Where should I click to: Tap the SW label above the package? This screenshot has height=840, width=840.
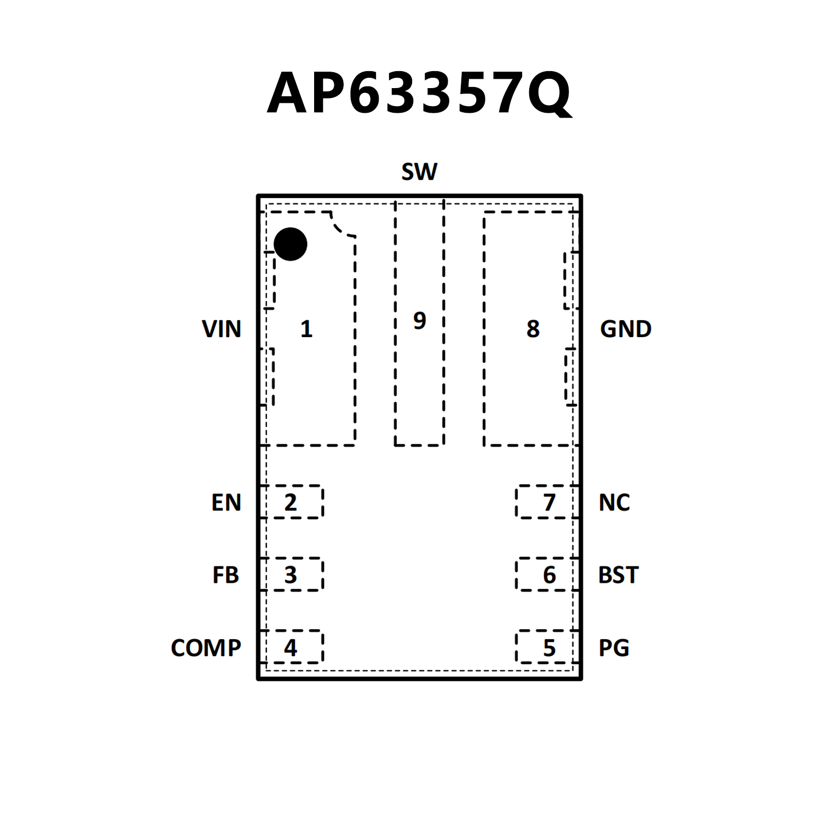pyautogui.click(x=419, y=172)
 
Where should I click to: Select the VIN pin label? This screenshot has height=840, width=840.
pyautogui.click(x=221, y=329)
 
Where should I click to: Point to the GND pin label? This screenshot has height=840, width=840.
pyautogui.click(x=625, y=329)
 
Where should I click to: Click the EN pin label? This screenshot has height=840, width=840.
pyautogui.click(x=226, y=502)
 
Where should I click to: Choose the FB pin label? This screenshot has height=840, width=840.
pyautogui.click(x=225, y=575)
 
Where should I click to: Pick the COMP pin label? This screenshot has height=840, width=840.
pyautogui.click(x=206, y=648)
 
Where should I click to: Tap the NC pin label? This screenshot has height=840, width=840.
pyautogui.click(x=614, y=502)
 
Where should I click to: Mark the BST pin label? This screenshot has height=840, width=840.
pyautogui.click(x=618, y=575)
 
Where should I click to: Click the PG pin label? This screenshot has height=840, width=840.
pyautogui.click(x=613, y=648)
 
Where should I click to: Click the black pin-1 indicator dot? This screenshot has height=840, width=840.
pyautogui.click(x=290, y=244)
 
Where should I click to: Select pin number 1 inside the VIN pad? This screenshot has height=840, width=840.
pyautogui.click(x=306, y=329)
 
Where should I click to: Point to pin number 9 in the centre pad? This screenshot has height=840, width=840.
pyautogui.click(x=419, y=320)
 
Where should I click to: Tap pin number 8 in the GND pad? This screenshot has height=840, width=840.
pyautogui.click(x=532, y=329)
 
